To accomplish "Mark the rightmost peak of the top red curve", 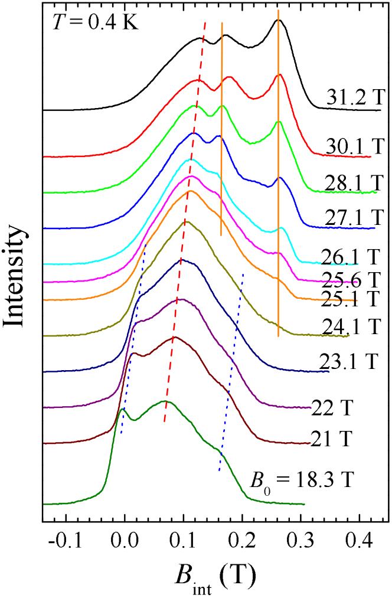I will point(280,75).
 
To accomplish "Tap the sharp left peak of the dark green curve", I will point(122,409).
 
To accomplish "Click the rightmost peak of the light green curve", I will point(279,122).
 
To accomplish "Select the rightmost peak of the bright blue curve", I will point(279,177).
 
